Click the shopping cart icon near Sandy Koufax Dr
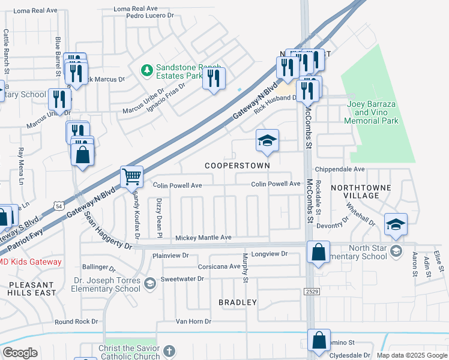coord(131,176)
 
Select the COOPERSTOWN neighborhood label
coord(237,165)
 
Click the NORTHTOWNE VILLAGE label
coord(360,191)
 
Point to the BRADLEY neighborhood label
coord(238,302)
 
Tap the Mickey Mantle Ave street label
coord(203,238)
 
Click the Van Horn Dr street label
coord(194,322)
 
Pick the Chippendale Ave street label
coord(343,170)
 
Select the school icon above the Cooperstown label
coord(267,140)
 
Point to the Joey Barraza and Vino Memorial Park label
coord(372,112)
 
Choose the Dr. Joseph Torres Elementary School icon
coord(150,282)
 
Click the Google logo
coord(20,353)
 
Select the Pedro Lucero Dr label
coord(150,16)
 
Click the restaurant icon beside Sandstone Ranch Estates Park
coord(214,78)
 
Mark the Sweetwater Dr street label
coord(183,279)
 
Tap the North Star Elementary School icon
coord(396,250)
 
